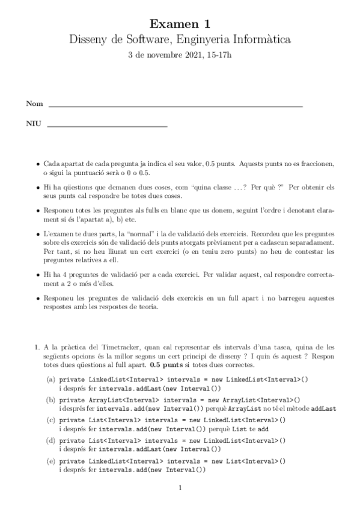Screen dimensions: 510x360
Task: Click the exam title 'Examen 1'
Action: pos(180,24)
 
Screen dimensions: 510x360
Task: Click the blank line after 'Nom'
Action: pos(174,106)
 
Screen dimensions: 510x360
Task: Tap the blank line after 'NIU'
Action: pos(106,126)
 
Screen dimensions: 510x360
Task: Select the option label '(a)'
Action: pos(51,380)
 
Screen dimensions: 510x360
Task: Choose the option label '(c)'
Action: pos(51,419)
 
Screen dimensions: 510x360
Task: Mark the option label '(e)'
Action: pos(51,460)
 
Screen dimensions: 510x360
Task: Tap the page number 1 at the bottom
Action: pos(180,488)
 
